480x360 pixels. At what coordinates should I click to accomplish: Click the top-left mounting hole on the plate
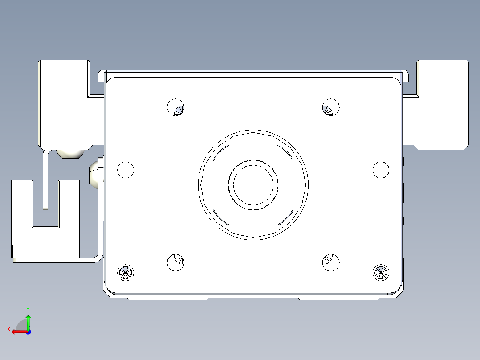pos(176,107)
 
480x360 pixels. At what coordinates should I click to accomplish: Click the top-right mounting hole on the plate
pos(331,107)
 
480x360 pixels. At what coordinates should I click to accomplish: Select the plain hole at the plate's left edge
pos(126,170)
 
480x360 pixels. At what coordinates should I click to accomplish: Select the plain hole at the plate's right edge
pos(381,170)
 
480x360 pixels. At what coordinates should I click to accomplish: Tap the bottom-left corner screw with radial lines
pos(126,272)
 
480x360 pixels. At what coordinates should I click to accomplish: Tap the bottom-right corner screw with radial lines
pos(381,272)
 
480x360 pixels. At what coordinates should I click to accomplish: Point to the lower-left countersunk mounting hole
pos(176,262)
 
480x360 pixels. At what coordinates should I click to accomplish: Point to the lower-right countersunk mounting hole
pos(331,262)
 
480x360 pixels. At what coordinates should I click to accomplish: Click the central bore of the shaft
pos(253,185)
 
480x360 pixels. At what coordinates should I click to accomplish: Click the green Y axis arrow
pos(28,322)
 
